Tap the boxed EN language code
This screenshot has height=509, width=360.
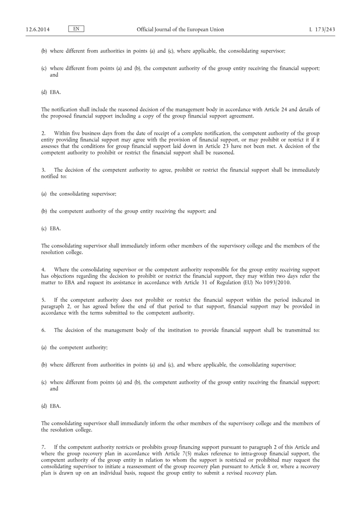(x=76, y=29)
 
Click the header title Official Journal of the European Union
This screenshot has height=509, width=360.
(x=180, y=30)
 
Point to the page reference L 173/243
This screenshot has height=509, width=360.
(x=322, y=30)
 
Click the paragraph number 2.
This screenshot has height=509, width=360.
(x=43, y=133)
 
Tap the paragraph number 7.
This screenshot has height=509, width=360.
(x=43, y=446)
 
